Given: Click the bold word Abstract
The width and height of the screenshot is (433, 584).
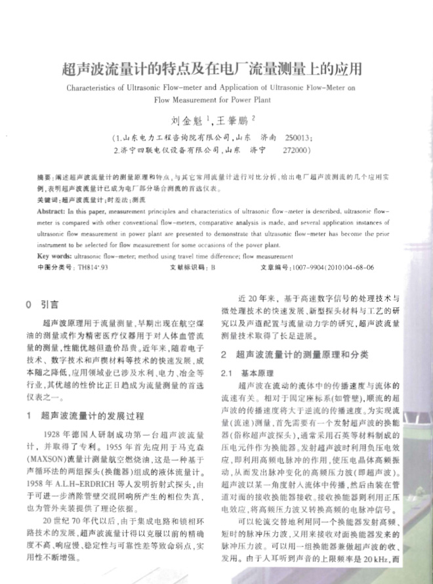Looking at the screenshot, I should click(x=51, y=213).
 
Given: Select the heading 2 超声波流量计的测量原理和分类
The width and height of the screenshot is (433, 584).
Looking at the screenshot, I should click(x=295, y=354).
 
